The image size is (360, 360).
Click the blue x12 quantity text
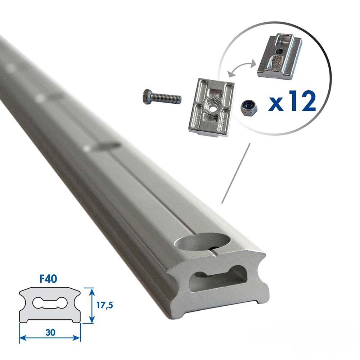[292, 102]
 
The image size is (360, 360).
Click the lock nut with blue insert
[248, 107]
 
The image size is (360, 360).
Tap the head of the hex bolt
[147, 97]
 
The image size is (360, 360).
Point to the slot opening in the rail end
[219, 279]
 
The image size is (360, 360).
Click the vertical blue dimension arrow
[93, 305]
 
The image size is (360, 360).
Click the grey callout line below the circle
[236, 173]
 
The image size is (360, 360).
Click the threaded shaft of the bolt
[167, 98]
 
